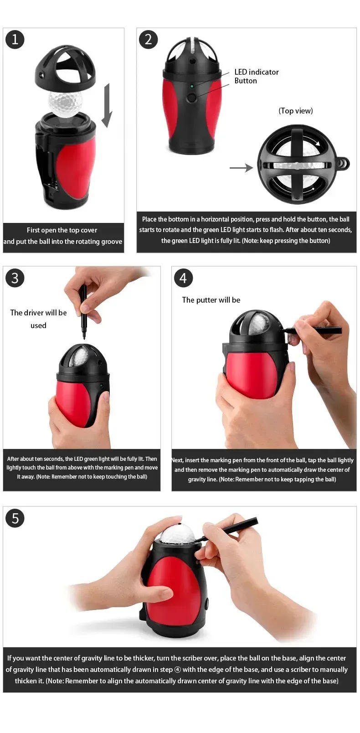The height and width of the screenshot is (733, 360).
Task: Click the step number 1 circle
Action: tap(15, 40)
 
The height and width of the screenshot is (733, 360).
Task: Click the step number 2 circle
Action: tap(148, 40)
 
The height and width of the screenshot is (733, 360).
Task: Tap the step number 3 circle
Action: tap(15, 278)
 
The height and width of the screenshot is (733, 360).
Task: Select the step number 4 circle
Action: tap(183, 278)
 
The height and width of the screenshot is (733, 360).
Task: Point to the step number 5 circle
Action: tap(15, 518)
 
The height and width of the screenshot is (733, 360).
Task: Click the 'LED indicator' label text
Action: tap(256, 72)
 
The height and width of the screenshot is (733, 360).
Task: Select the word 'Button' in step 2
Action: tap(246, 81)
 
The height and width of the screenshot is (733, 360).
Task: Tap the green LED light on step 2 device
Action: tap(192, 86)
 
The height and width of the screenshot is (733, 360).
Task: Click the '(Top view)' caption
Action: tap(296, 111)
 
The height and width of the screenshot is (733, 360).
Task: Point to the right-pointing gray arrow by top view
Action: tap(241, 168)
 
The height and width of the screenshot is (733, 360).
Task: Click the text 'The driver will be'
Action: tap(38, 313)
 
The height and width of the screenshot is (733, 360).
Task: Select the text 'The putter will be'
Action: tap(211, 300)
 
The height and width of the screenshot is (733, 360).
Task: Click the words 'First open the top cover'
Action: tap(62, 230)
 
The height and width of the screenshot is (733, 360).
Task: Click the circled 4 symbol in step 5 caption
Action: tap(178, 670)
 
